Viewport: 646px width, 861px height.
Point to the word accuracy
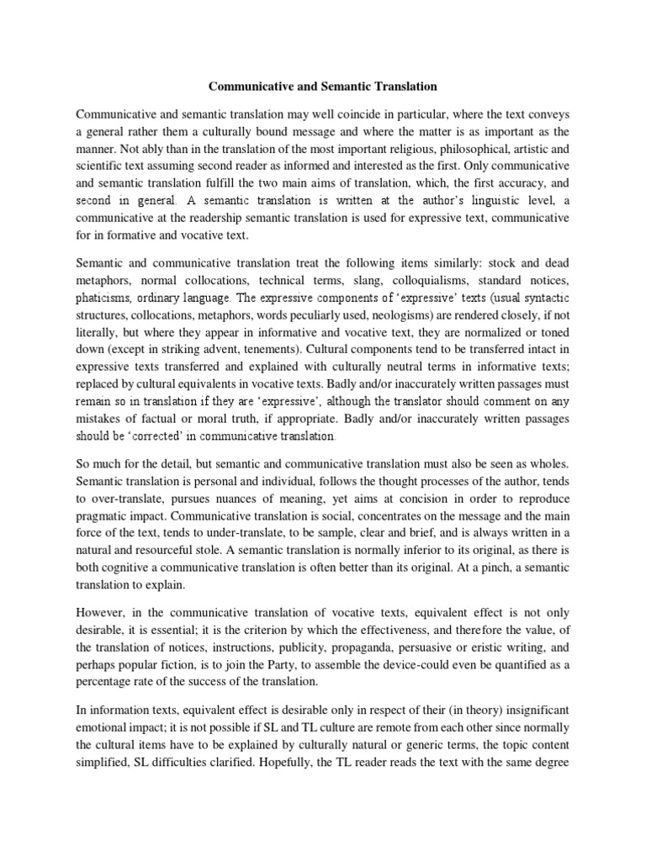(503, 183)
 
